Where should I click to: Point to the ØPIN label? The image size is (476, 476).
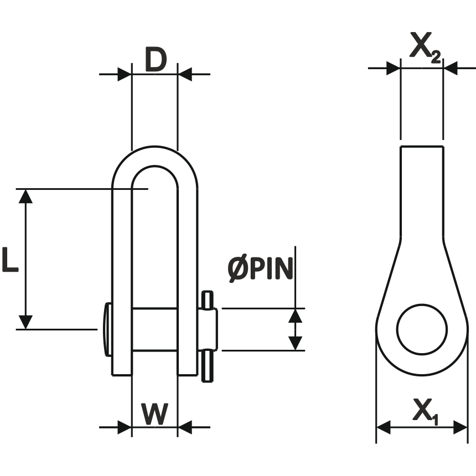pos(260,270)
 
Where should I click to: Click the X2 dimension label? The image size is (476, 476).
pos(425,48)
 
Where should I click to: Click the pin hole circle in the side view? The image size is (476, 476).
pos(422,329)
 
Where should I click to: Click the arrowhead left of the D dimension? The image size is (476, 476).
pos(125,74)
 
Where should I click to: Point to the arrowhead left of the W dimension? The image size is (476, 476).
pos(125,427)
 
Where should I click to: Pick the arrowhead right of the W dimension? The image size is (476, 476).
pos(185,427)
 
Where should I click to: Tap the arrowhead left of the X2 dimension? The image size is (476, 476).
pos(392,69)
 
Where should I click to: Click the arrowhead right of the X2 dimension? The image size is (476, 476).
pos(451,69)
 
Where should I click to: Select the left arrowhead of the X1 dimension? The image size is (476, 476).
pos(384,427)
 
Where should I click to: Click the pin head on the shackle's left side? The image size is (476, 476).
pos(107,329)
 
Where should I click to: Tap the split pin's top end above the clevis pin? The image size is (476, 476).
pos(207,299)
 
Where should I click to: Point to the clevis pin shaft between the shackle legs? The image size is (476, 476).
pos(154,329)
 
